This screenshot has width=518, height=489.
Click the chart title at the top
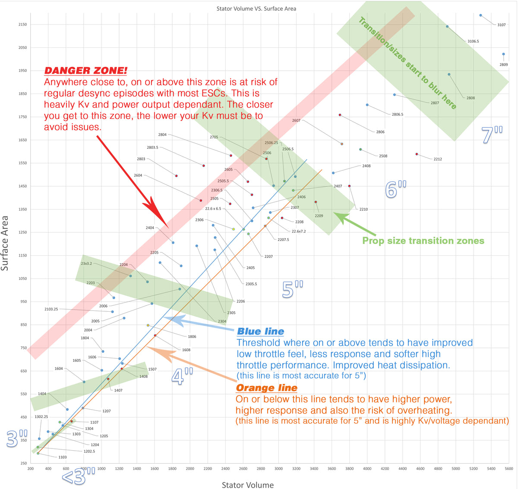(256, 9)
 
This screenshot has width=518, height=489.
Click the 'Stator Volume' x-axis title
(247, 485)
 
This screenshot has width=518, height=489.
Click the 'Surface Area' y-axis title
(5, 244)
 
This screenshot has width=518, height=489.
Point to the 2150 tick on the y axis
(22, 25)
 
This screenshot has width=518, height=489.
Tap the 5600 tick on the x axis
(509, 468)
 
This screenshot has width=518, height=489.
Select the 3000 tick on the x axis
(278, 468)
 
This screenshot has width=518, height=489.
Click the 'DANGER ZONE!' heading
(85, 71)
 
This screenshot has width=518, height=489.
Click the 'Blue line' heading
(260, 332)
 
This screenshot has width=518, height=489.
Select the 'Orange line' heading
(266, 388)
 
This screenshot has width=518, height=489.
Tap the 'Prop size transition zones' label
(423, 241)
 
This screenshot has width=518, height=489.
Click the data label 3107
(501, 25)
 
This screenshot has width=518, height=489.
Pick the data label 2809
(503, 65)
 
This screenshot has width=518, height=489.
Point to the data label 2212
(438, 159)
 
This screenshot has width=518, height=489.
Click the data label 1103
(63, 457)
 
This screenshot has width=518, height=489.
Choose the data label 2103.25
(51, 309)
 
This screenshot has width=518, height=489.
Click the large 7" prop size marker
(492, 135)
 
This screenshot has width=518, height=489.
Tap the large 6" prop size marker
(396, 189)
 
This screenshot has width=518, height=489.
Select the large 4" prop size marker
(182, 377)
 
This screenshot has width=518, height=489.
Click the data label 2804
(162, 135)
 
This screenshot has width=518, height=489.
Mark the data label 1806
(192, 337)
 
